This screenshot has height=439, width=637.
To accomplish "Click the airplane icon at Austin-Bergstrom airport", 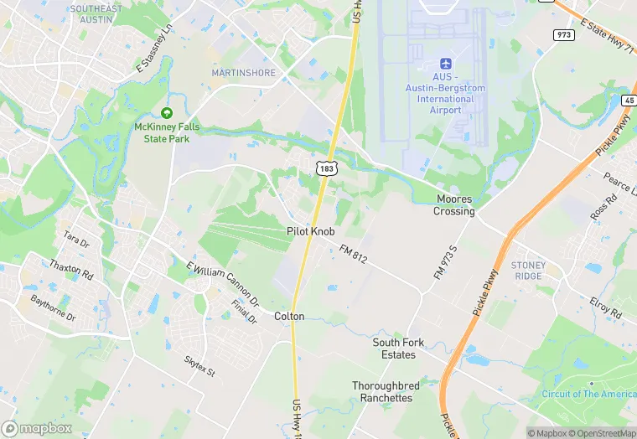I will (445, 65).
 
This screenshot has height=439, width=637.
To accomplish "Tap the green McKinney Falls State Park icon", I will (166, 113).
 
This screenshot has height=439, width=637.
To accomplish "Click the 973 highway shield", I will (563, 34).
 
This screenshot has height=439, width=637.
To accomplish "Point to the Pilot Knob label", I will (310, 230).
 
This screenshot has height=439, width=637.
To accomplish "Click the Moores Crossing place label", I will (454, 205).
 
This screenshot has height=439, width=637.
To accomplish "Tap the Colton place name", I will (289, 316).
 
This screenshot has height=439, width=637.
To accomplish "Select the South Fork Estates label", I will (399, 349).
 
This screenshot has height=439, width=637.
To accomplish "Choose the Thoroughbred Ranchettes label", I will (382, 391).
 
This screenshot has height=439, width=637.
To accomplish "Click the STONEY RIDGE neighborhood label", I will (528, 271).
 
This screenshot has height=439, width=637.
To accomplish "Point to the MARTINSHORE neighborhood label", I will (243, 73).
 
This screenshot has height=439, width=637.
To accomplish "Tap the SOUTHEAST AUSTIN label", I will (96, 13).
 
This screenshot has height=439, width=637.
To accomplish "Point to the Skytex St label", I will (199, 365).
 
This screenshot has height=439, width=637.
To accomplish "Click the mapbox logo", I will (38, 428).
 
